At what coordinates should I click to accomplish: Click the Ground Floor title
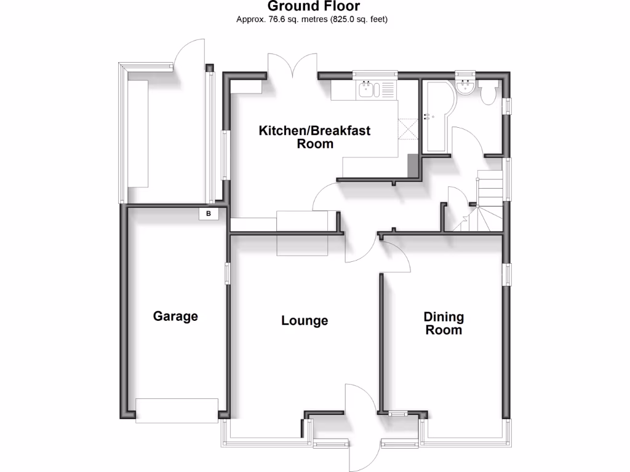(313, 7)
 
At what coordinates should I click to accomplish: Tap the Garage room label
(175, 317)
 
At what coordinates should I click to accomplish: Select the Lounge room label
(305, 321)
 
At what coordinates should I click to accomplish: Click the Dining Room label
(444, 323)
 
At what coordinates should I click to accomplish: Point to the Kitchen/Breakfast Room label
(314, 137)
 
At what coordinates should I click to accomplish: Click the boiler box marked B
(209, 214)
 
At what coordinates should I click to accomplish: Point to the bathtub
(436, 117)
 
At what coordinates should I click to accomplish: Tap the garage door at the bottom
(177, 409)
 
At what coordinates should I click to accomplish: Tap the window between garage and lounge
(227, 274)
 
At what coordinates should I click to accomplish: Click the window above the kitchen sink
(375, 75)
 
